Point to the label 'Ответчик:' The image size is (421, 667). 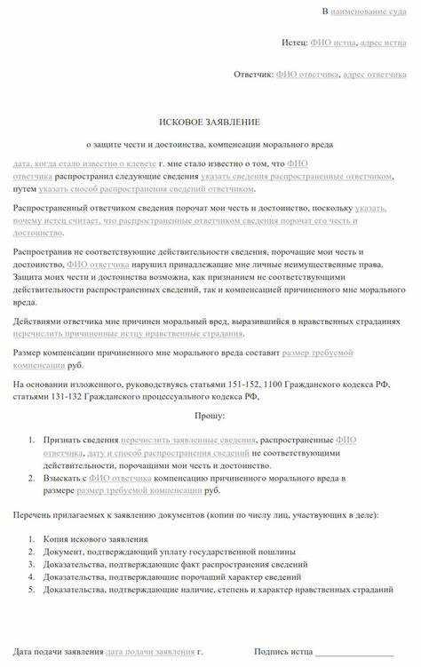pyautogui.click(x=253, y=75)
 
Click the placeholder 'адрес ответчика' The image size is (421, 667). pyautogui.click(x=375, y=75)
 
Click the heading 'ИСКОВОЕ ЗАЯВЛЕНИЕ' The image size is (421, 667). pyautogui.click(x=210, y=121)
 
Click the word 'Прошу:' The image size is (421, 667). pyautogui.click(x=210, y=415)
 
